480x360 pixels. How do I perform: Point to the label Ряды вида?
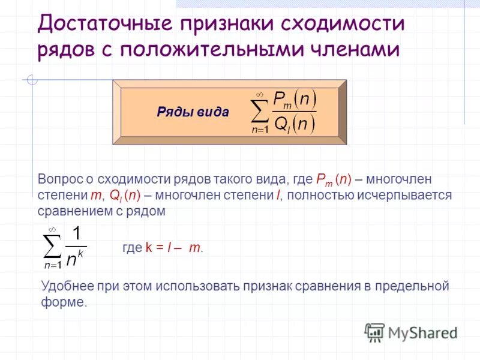click(x=193, y=112)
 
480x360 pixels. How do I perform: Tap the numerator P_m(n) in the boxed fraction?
click(x=294, y=100)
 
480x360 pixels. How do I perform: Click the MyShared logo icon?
click(x=374, y=332)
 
